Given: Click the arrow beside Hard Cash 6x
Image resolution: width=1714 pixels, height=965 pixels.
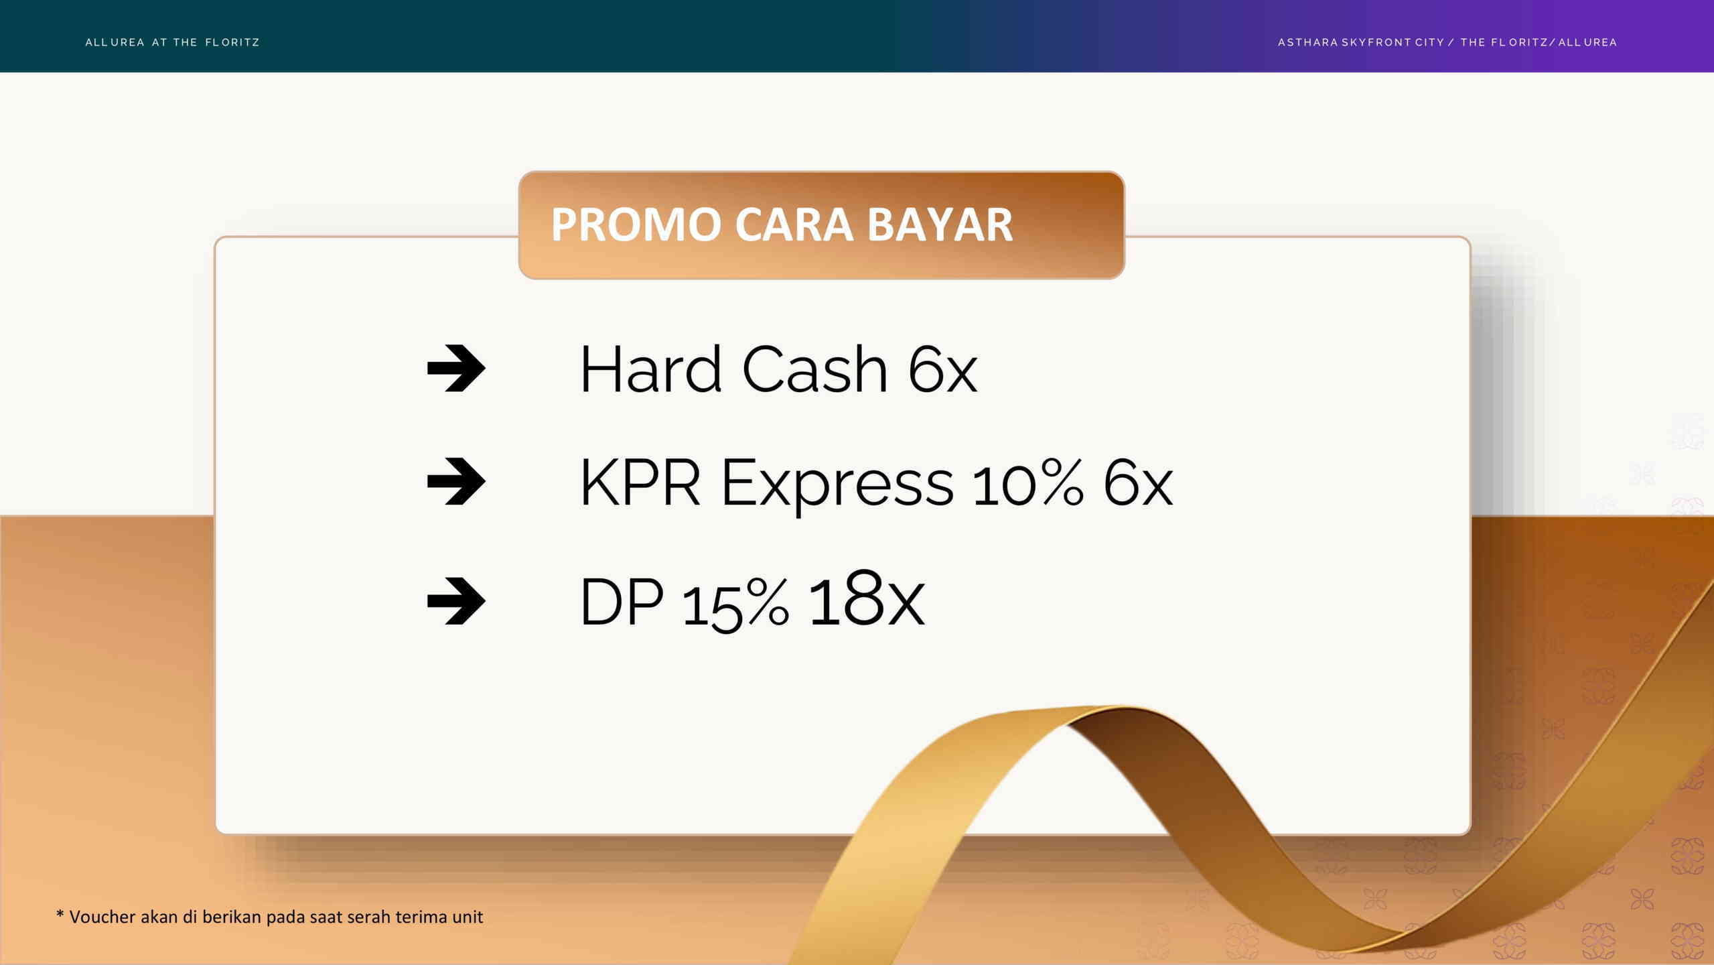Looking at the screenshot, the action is (x=456, y=368).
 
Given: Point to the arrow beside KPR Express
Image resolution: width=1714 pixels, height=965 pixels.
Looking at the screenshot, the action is (x=456, y=481).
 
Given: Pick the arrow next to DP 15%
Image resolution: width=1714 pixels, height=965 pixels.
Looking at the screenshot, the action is (x=456, y=600).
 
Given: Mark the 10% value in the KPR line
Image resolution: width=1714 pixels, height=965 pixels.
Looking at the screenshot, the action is (x=1027, y=482).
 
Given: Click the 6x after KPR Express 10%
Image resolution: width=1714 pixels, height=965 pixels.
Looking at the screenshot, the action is (x=1138, y=482).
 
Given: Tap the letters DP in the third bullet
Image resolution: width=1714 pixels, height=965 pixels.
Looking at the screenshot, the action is (x=622, y=602).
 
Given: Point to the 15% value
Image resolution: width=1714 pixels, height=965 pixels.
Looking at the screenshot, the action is (x=735, y=604).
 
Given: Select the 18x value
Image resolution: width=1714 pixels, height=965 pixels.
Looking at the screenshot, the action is (x=867, y=598).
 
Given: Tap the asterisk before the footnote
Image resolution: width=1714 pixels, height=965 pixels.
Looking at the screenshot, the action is (x=60, y=914).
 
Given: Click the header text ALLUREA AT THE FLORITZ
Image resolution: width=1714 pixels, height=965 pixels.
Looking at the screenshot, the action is (x=172, y=42).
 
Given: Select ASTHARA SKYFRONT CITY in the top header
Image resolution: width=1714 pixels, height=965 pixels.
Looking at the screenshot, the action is (x=1361, y=42).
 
